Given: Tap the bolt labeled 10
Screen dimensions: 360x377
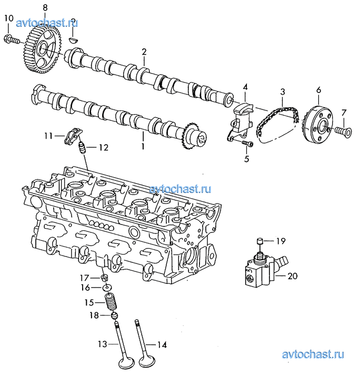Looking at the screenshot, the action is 11,40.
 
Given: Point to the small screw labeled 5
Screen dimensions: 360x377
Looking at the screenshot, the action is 247,144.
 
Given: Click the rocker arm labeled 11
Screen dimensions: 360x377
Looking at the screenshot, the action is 71,137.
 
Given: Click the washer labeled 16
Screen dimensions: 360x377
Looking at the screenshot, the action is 107,287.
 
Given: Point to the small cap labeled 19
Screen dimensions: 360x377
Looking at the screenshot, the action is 259,241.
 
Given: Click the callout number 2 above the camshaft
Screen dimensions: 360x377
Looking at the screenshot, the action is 144,52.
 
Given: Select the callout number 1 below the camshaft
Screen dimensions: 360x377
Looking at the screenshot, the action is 143,146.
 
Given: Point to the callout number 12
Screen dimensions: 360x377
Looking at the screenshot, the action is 104,147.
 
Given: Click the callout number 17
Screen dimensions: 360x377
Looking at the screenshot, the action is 85,278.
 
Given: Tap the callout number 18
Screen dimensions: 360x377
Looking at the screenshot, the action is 94,315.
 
